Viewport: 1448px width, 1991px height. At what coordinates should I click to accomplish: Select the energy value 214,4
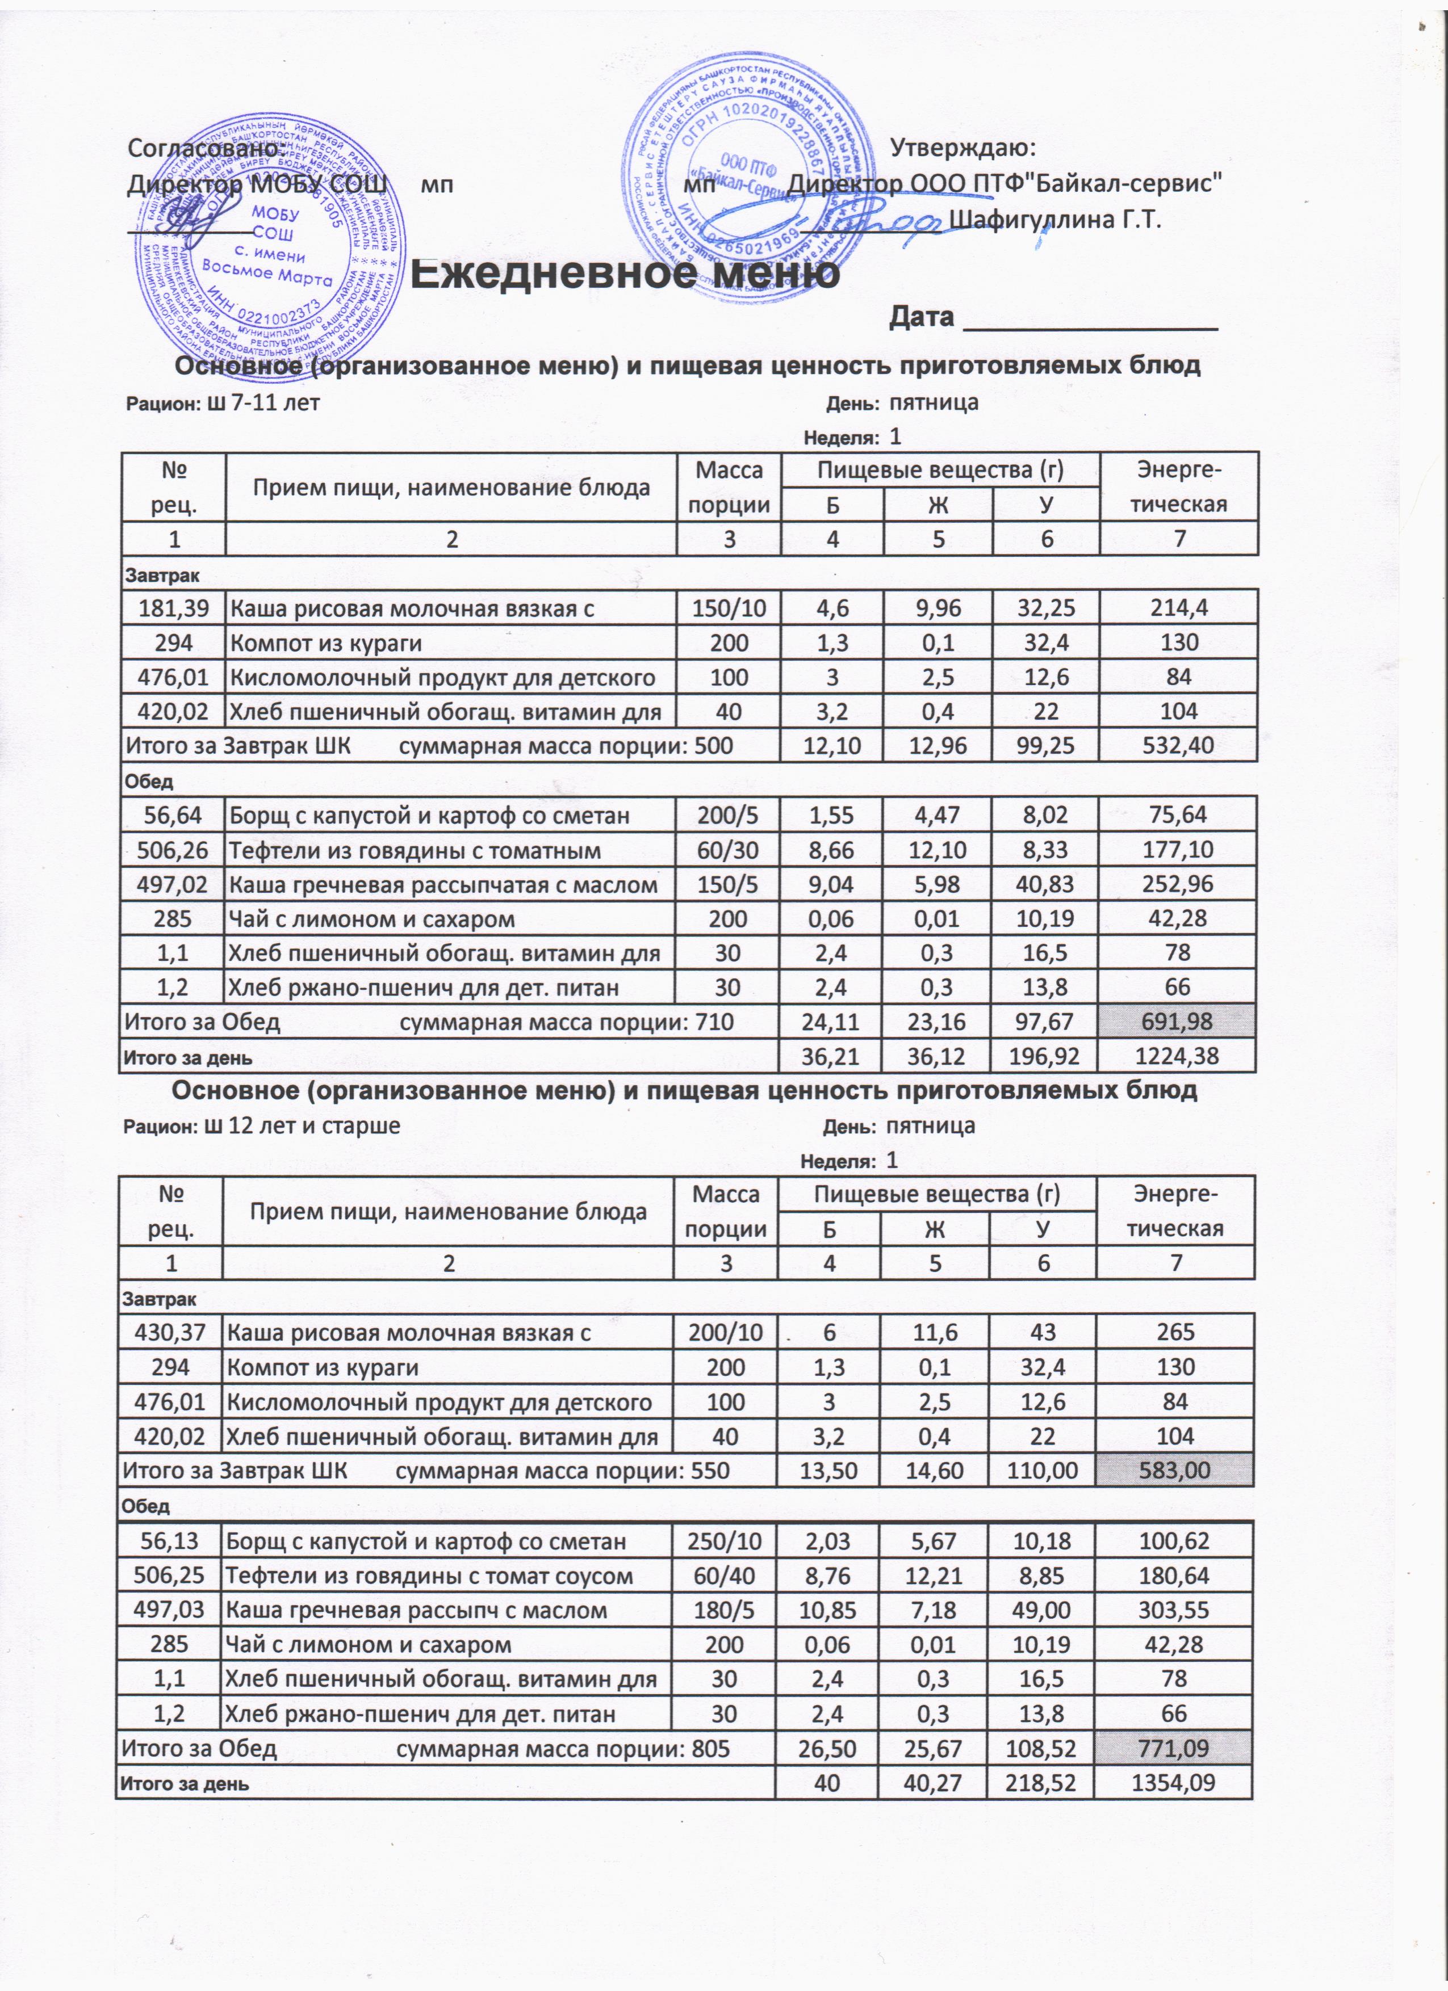[x=1178, y=607]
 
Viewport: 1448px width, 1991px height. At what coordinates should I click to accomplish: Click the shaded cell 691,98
[x=1178, y=1021]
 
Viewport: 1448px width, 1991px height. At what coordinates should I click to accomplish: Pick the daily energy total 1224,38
[x=1178, y=1056]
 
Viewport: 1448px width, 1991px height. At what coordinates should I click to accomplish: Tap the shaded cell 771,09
[x=1175, y=1748]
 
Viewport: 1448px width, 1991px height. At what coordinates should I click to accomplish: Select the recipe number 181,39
[x=174, y=607]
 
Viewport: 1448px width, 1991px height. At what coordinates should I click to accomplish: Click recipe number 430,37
[x=170, y=1333]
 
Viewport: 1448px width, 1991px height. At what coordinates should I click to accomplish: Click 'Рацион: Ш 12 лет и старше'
[x=262, y=1126]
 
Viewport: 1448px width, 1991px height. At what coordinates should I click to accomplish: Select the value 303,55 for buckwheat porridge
[x=1175, y=1609]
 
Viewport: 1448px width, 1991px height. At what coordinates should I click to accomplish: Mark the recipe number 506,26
[x=174, y=850]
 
